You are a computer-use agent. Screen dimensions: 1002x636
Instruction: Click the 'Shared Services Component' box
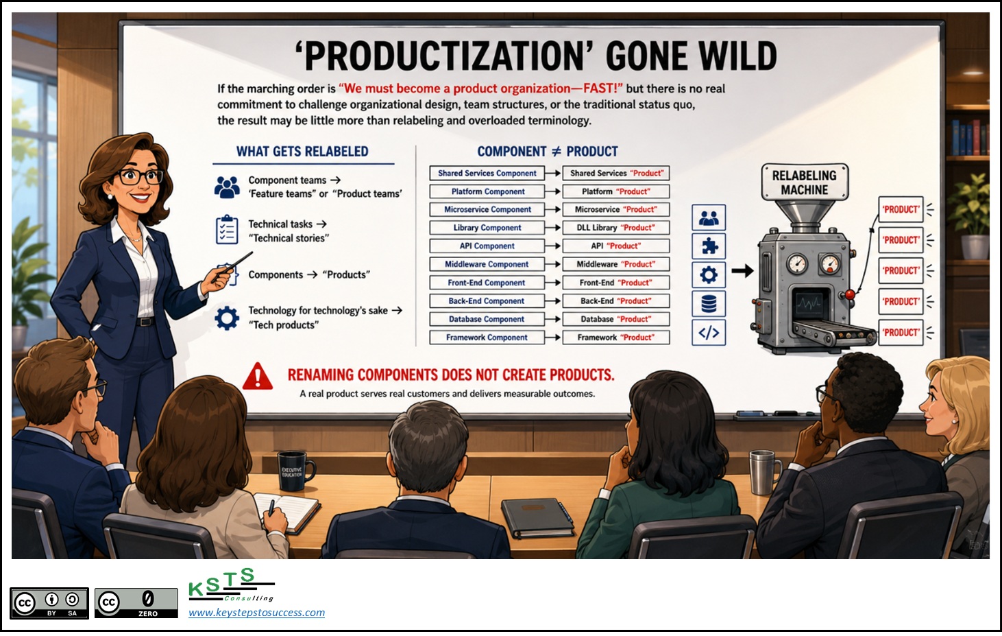487,173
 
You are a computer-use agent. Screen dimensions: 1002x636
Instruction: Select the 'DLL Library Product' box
616,228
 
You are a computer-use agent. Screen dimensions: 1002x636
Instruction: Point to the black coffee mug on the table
293,471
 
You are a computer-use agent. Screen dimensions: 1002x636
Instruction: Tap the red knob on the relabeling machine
850,295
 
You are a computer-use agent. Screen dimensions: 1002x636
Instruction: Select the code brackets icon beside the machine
709,333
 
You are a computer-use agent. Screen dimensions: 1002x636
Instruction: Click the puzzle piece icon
709,246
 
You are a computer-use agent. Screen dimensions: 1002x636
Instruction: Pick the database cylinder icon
709,304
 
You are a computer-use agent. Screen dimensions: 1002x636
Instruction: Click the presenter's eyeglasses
140,177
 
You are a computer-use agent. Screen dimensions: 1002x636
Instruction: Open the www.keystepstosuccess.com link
257,612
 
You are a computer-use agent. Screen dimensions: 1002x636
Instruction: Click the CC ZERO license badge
136,603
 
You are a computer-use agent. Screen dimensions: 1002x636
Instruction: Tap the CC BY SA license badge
49,603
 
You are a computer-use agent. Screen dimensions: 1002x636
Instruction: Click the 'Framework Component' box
487,338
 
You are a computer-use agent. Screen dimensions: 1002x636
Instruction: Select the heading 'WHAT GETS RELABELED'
302,152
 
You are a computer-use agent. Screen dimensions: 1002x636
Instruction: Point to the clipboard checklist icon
227,229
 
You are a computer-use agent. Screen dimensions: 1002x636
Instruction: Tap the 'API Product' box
616,246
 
